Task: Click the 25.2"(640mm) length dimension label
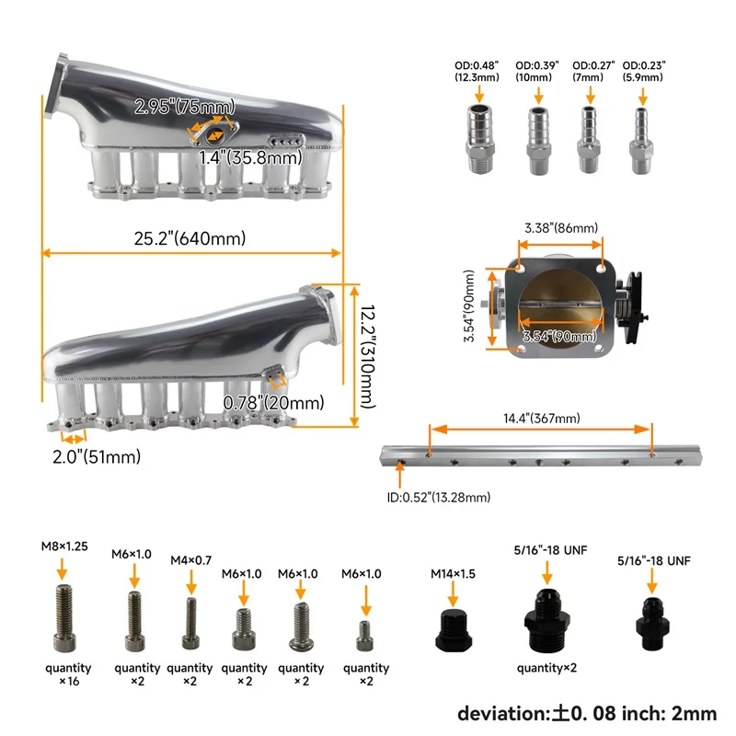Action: (x=190, y=238)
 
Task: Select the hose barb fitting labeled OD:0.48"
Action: (x=479, y=137)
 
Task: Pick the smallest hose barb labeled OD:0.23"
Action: (x=641, y=140)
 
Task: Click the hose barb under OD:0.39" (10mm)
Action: (x=538, y=140)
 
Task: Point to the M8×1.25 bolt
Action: (x=64, y=617)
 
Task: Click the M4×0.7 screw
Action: (x=190, y=623)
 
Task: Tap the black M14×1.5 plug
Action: (x=453, y=630)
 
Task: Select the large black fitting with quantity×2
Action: (x=547, y=619)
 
